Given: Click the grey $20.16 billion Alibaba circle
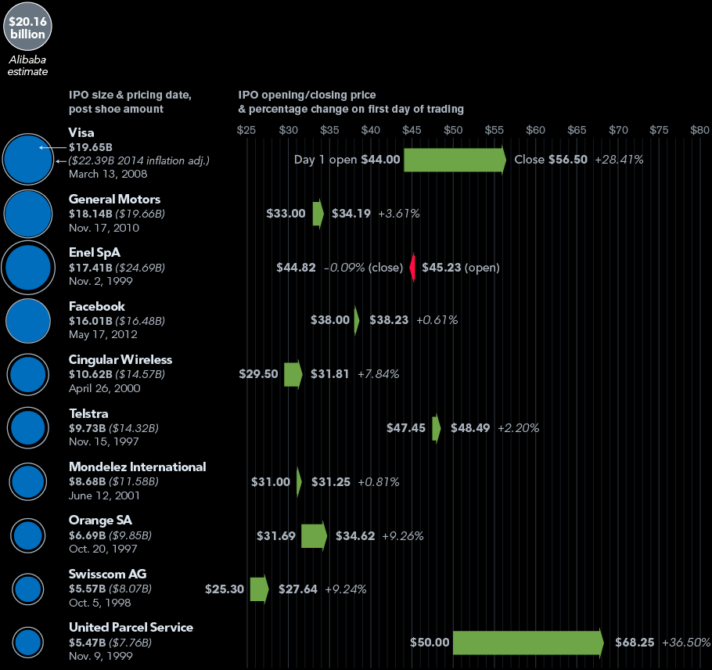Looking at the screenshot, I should point(27,27).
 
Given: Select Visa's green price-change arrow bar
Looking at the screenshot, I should point(455,160).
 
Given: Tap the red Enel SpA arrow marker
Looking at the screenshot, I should point(412,267).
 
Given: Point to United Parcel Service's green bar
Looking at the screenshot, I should point(527,643).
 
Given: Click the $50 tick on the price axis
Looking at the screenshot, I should point(453,129).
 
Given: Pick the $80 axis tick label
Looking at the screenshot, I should point(699,129).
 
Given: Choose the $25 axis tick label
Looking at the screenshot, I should point(246,129).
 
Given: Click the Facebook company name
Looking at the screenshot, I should point(96,306).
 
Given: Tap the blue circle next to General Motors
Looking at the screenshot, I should point(27,213).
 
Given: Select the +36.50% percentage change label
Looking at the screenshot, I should point(685,643).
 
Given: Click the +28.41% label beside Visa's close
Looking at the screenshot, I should point(619,160).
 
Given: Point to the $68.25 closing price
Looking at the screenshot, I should point(635,643).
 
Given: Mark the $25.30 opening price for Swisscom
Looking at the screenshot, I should point(225,589).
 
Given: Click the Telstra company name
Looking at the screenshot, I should point(88,413).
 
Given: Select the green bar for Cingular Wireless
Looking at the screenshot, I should point(293,374).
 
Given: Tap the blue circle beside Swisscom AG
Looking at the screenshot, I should point(28,589).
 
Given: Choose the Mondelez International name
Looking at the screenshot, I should point(137,466).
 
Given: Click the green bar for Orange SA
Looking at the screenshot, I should point(314,535).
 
